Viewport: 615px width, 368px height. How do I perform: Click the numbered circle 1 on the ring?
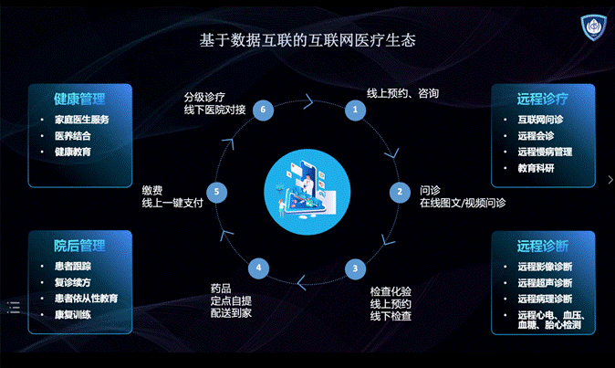pos(355,110)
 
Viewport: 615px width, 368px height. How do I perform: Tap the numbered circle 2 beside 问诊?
pos(400,192)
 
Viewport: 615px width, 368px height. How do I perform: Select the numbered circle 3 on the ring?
pos(355,268)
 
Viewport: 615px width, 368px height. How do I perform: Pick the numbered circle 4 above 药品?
pos(258,268)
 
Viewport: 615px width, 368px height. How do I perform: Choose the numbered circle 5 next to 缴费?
pos(216,192)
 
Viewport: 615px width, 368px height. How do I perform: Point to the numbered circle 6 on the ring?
pos(263,110)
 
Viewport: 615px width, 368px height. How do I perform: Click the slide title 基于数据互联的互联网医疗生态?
pos(307,40)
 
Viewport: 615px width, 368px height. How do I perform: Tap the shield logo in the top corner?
pos(593,26)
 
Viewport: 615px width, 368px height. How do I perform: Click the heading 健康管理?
pos(79,99)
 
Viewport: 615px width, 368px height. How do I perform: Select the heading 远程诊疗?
pos(542,99)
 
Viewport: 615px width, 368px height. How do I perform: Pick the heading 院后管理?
pos(79,246)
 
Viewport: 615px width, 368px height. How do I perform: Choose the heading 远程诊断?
pos(542,246)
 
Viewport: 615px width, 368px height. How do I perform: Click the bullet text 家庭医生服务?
pos(82,120)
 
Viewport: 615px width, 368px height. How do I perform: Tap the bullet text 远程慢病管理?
pos(545,152)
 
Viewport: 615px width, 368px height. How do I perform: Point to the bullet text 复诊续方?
pos(73,282)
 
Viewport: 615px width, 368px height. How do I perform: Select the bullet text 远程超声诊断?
pos(545,283)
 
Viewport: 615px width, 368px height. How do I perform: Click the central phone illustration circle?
pos(307,192)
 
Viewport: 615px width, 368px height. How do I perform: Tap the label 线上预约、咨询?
pos(402,93)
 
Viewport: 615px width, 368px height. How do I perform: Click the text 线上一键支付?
pos(172,203)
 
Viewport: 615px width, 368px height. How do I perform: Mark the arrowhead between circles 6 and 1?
pos(308,101)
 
